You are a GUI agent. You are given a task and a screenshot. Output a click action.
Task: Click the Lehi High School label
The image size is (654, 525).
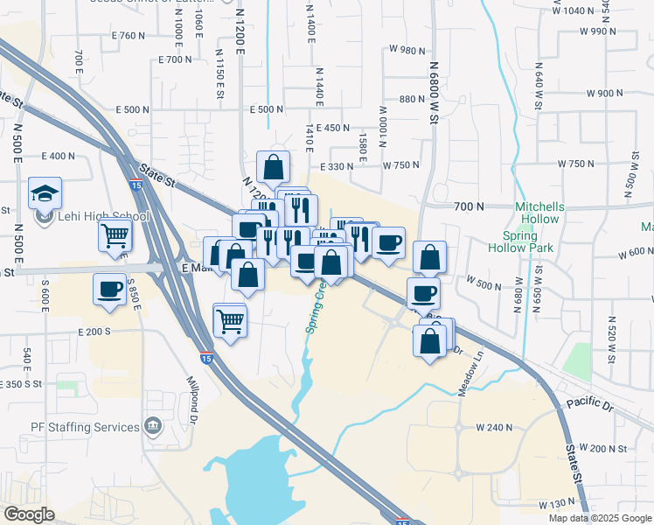click(99, 216)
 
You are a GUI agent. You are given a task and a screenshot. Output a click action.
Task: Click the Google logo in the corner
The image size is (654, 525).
click(30, 514)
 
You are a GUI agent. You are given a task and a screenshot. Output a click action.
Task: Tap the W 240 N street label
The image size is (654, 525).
click(493, 427)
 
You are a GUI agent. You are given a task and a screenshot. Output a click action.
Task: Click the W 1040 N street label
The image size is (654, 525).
click(574, 10)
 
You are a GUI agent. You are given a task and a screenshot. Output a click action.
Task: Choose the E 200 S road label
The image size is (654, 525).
click(94, 332)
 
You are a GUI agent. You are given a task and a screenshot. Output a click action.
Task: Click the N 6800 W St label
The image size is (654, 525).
click(433, 87)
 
